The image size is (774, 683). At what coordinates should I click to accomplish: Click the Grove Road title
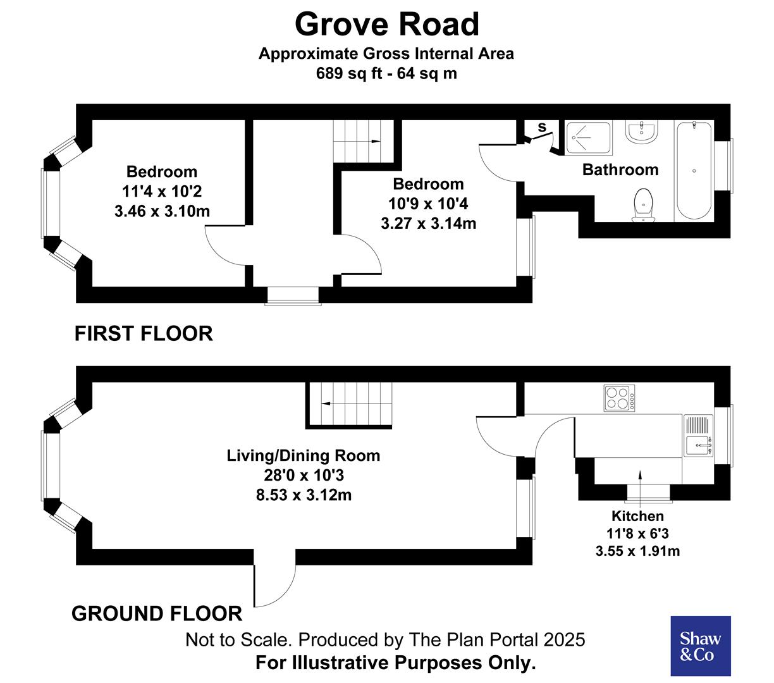pyautogui.click(x=387, y=25)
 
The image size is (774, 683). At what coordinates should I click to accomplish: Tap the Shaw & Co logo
pyautogui.click(x=700, y=646)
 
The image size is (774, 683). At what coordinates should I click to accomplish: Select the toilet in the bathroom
pyautogui.click(x=643, y=204)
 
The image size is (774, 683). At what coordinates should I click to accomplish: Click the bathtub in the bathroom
pyautogui.click(x=694, y=170)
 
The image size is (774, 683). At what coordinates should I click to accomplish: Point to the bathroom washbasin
pyautogui.click(x=642, y=132)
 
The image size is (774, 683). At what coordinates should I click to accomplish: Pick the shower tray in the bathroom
pyautogui.click(x=589, y=138)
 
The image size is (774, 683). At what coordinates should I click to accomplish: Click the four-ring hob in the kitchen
pyautogui.click(x=619, y=398)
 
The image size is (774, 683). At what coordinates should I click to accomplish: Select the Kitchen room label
pyautogui.click(x=637, y=516)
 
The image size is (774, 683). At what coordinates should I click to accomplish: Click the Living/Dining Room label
pyautogui.click(x=304, y=455)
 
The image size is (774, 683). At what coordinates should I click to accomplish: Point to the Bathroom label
pyautogui.click(x=620, y=169)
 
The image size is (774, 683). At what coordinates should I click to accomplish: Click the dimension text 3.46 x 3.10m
pyautogui.click(x=162, y=211)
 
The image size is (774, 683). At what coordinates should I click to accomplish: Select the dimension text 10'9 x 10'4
pyautogui.click(x=428, y=204)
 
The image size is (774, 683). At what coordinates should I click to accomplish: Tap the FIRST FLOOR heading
pyautogui.click(x=144, y=333)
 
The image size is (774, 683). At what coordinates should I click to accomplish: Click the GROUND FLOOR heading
pyautogui.click(x=157, y=613)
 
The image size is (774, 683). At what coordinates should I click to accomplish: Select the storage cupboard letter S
pyautogui.click(x=542, y=128)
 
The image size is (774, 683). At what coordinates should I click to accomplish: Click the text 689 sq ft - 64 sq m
pyautogui.click(x=386, y=73)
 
